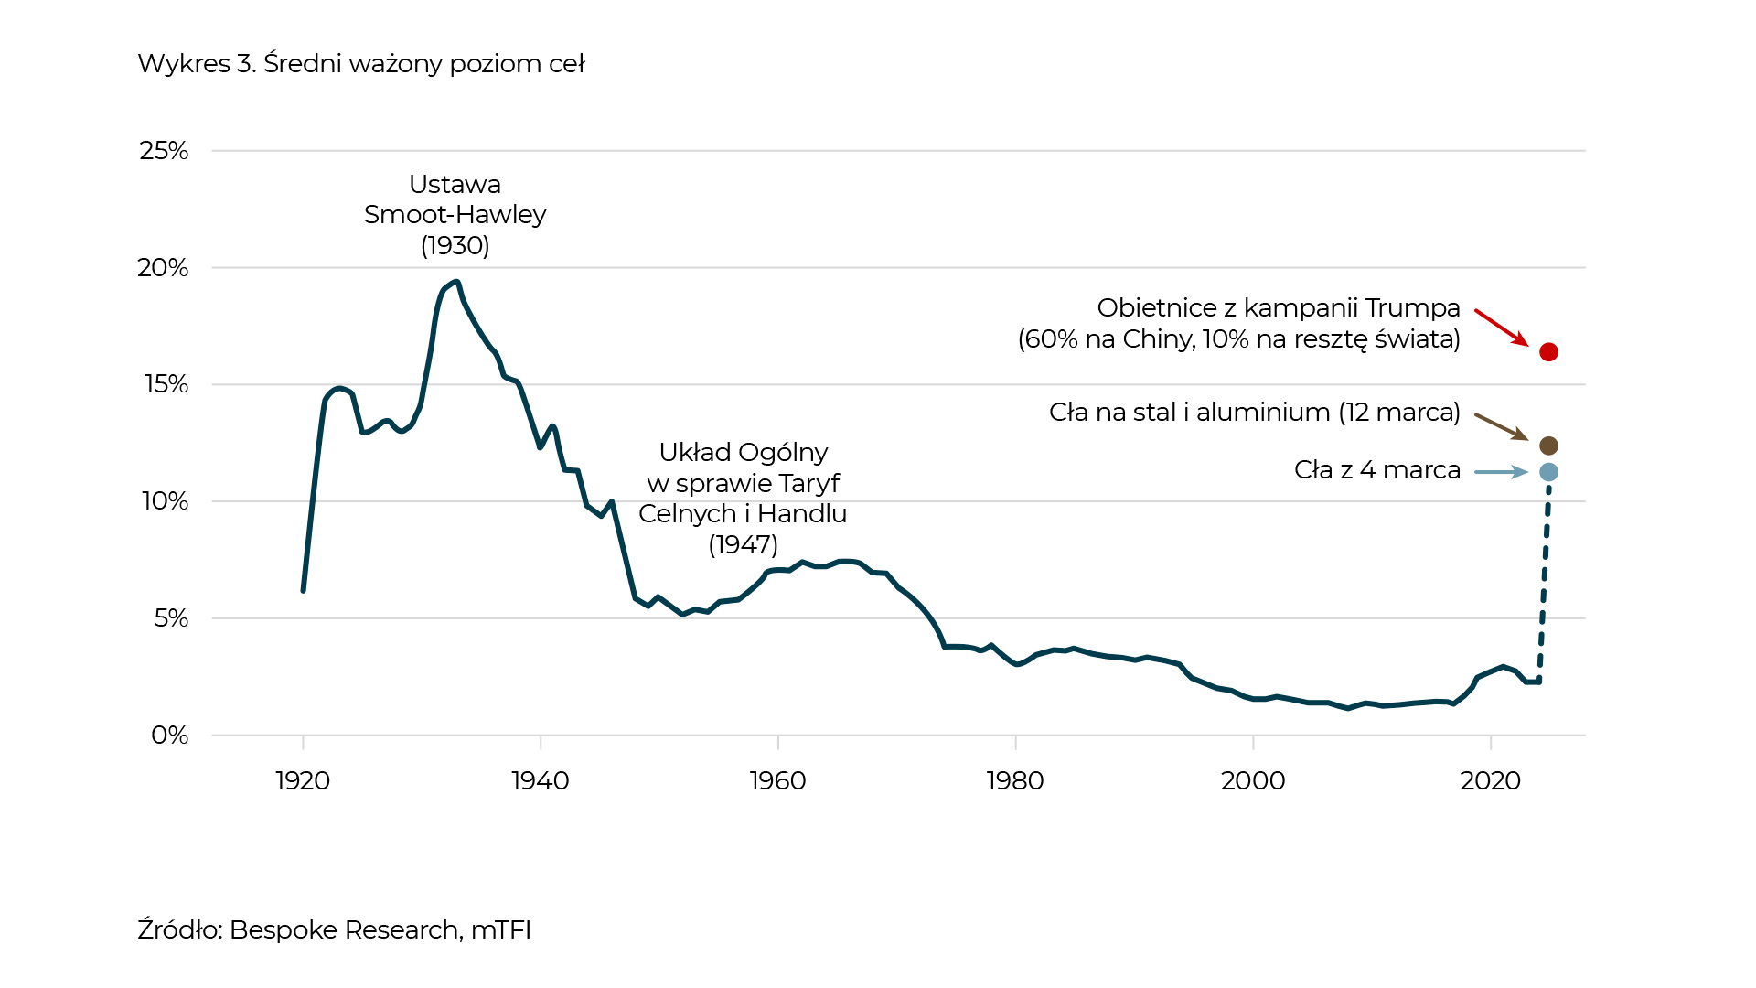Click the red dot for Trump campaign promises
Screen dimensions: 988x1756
pos(1548,352)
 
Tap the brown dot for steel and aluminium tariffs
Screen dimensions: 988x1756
pos(1548,446)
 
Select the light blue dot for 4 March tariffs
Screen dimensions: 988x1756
pos(1548,472)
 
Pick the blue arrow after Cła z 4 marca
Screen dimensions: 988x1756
pos(1501,472)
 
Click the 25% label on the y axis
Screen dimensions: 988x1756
pos(164,151)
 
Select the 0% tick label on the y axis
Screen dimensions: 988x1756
pos(170,736)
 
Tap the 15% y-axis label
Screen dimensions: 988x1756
pos(166,384)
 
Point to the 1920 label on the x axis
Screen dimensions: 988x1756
pos(303,781)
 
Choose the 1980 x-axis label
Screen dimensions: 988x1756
pos(1015,781)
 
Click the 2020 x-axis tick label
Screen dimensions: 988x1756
pos(1490,781)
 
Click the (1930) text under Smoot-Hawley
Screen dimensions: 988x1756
pos(455,246)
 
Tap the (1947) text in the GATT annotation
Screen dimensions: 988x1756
pos(743,545)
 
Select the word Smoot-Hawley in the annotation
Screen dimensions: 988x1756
pos(455,215)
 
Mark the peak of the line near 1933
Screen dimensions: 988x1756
pos(456,282)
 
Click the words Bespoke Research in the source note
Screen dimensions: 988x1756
pos(345,930)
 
